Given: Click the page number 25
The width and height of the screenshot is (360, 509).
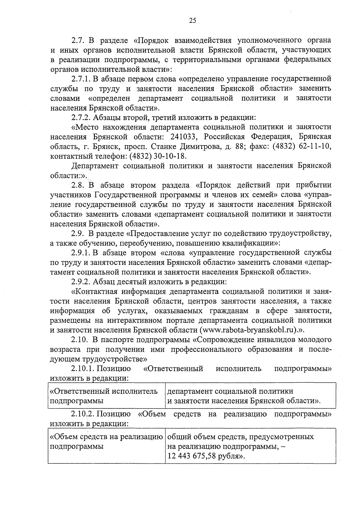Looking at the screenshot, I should pos(192,20).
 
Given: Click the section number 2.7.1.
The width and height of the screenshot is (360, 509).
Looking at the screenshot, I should pos(81,79).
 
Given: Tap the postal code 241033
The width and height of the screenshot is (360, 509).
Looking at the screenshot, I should pos(183,137).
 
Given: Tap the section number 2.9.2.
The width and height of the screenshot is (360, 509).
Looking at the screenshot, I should pos(81,282).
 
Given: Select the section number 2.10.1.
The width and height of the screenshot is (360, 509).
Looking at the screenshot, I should pos(83,369).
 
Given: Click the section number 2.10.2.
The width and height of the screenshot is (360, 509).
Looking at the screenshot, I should pos(83,414).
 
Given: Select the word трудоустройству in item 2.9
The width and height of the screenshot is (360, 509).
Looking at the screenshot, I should pos(301,233).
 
